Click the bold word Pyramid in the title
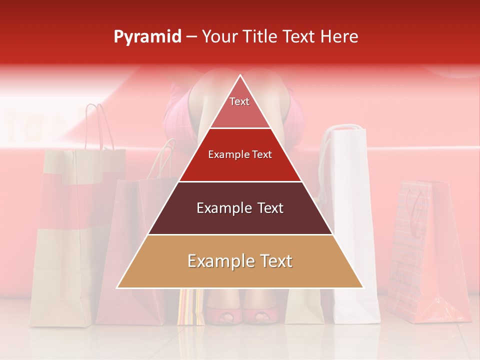coord(147,37)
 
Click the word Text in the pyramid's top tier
coord(239,101)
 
